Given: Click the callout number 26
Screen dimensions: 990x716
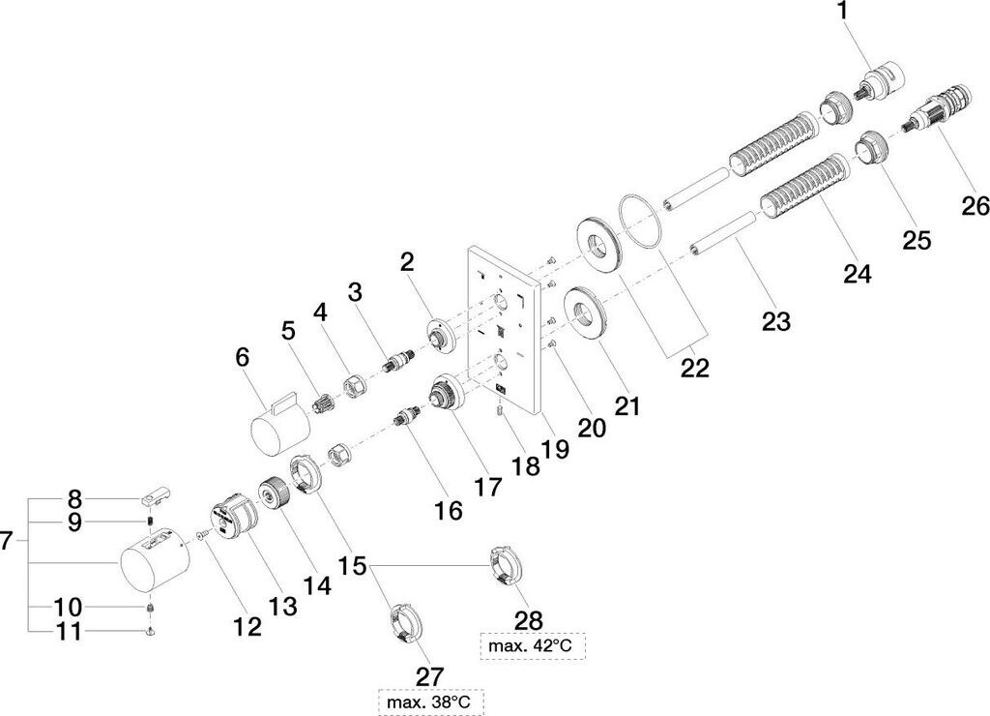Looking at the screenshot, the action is click(975, 205).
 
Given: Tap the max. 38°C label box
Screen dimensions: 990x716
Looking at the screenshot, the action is click(431, 702).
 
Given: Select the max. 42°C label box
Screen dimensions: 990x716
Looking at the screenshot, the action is click(533, 646).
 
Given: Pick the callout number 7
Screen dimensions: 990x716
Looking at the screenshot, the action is click(6, 541).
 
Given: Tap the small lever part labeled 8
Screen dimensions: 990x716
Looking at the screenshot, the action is click(156, 496).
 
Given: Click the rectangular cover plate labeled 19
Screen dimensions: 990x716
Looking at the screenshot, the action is click(504, 330).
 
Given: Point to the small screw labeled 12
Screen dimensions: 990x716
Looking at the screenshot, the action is click(202, 535).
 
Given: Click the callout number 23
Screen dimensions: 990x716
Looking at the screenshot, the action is click(776, 321).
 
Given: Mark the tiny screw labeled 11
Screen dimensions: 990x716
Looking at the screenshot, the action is click(150, 631).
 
